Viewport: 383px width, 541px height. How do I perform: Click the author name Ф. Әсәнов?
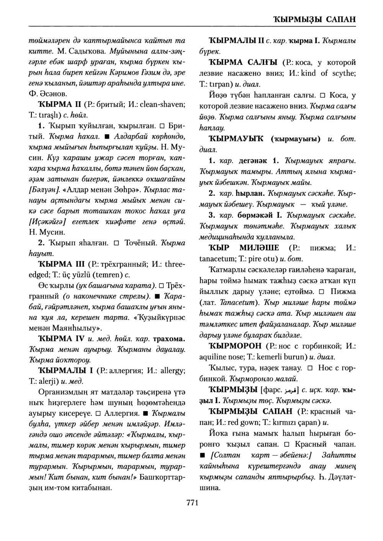pos(49,93)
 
